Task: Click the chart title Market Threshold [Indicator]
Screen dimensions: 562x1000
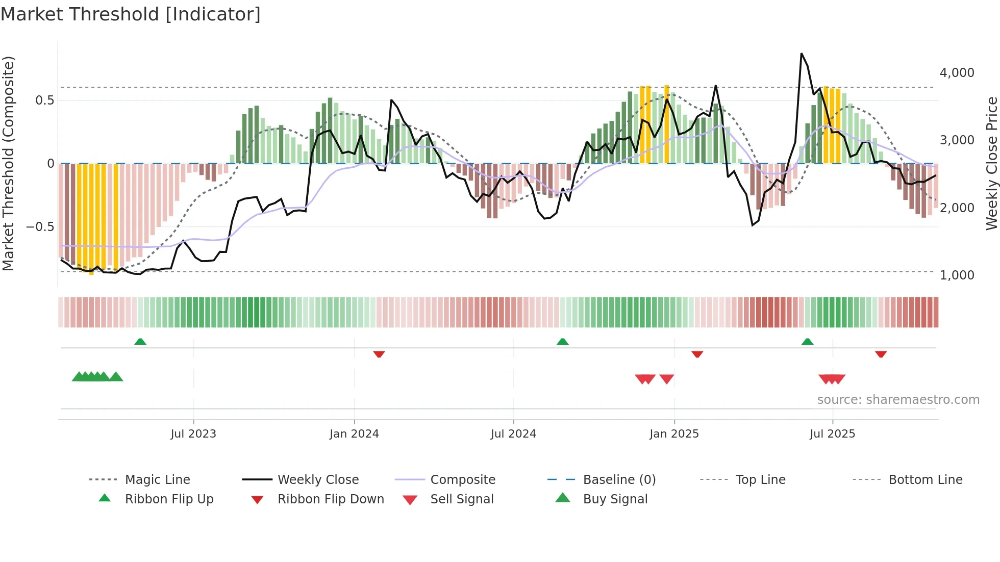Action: (131, 14)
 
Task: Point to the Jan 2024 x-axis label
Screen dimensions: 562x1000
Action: (354, 433)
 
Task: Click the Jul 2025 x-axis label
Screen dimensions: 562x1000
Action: (832, 433)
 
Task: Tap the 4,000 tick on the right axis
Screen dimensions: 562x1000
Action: (957, 73)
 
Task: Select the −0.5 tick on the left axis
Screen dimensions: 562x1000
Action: (40, 226)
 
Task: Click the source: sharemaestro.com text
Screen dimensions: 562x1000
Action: (898, 399)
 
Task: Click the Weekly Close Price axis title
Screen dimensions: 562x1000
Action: (991, 163)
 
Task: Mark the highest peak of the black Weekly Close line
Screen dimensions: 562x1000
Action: (802, 54)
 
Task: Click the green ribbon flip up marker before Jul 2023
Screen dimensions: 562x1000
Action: (140, 342)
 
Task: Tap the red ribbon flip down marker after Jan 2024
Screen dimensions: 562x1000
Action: (379, 354)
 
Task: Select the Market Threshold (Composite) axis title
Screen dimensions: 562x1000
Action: (8, 163)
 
